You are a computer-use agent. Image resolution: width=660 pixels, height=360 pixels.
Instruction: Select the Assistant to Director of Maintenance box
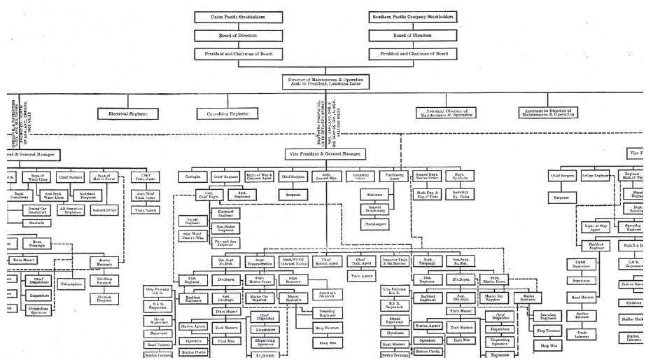coord(557,112)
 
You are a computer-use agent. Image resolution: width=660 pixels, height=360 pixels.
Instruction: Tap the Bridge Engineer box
coord(594,176)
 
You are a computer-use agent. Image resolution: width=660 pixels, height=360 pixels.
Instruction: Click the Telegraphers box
coord(71,284)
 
